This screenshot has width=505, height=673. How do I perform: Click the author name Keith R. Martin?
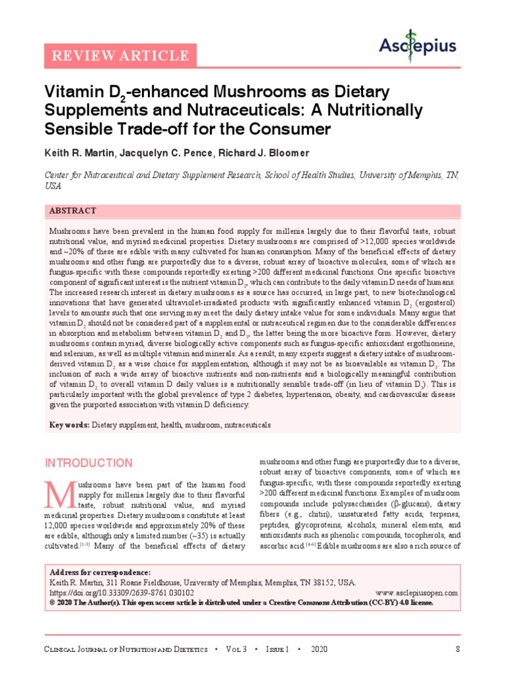pos(81,153)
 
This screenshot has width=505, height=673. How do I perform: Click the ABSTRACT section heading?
pos(73,211)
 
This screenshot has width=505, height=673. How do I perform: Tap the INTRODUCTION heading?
pos(88,463)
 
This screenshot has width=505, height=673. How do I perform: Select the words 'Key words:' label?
pos(70,425)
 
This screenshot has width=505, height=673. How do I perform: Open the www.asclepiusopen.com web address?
pos(418,592)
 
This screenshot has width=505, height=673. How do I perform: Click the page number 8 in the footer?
pos(457,649)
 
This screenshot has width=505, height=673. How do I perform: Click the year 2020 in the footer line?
pos(319,649)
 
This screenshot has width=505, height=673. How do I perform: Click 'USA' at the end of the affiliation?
pos(53,186)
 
